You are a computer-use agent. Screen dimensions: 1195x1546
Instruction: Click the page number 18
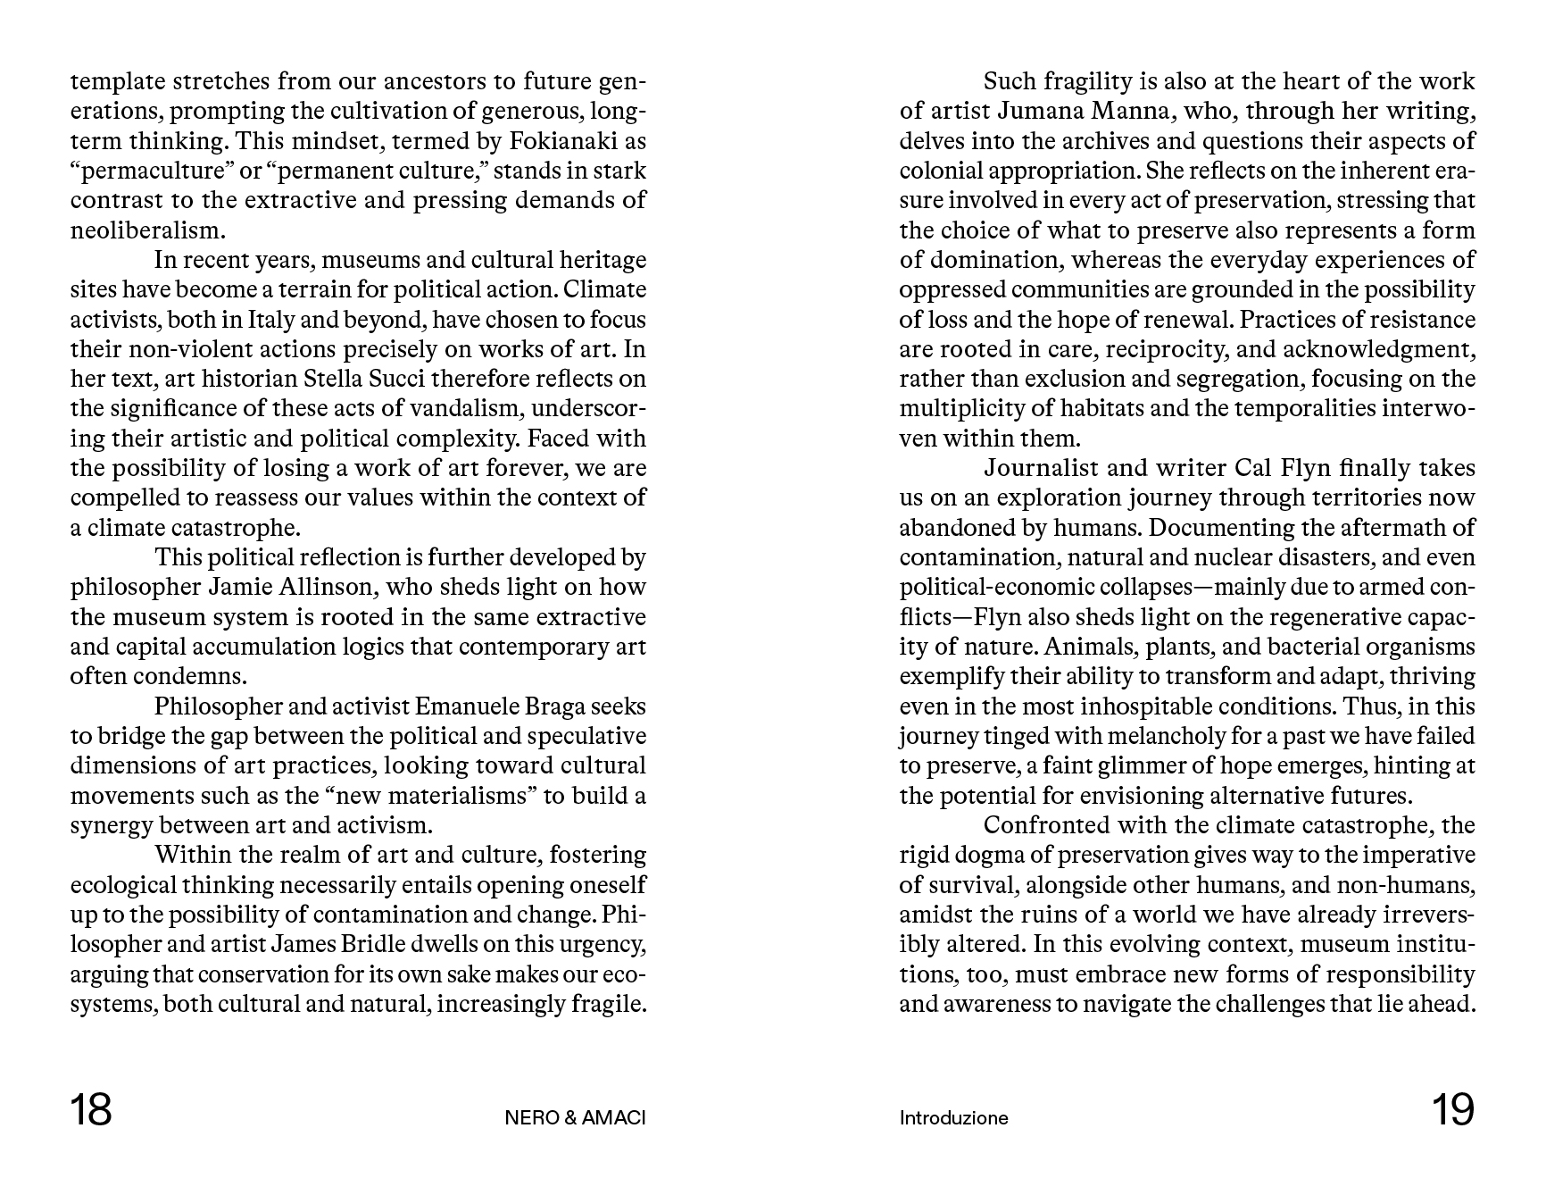pos(91,1110)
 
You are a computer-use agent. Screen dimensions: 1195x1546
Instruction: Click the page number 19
pos(1453,1110)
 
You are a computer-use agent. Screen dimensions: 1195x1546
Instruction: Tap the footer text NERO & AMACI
pos(575,1118)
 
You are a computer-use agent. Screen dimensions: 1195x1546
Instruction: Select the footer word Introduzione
pos(953,1118)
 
